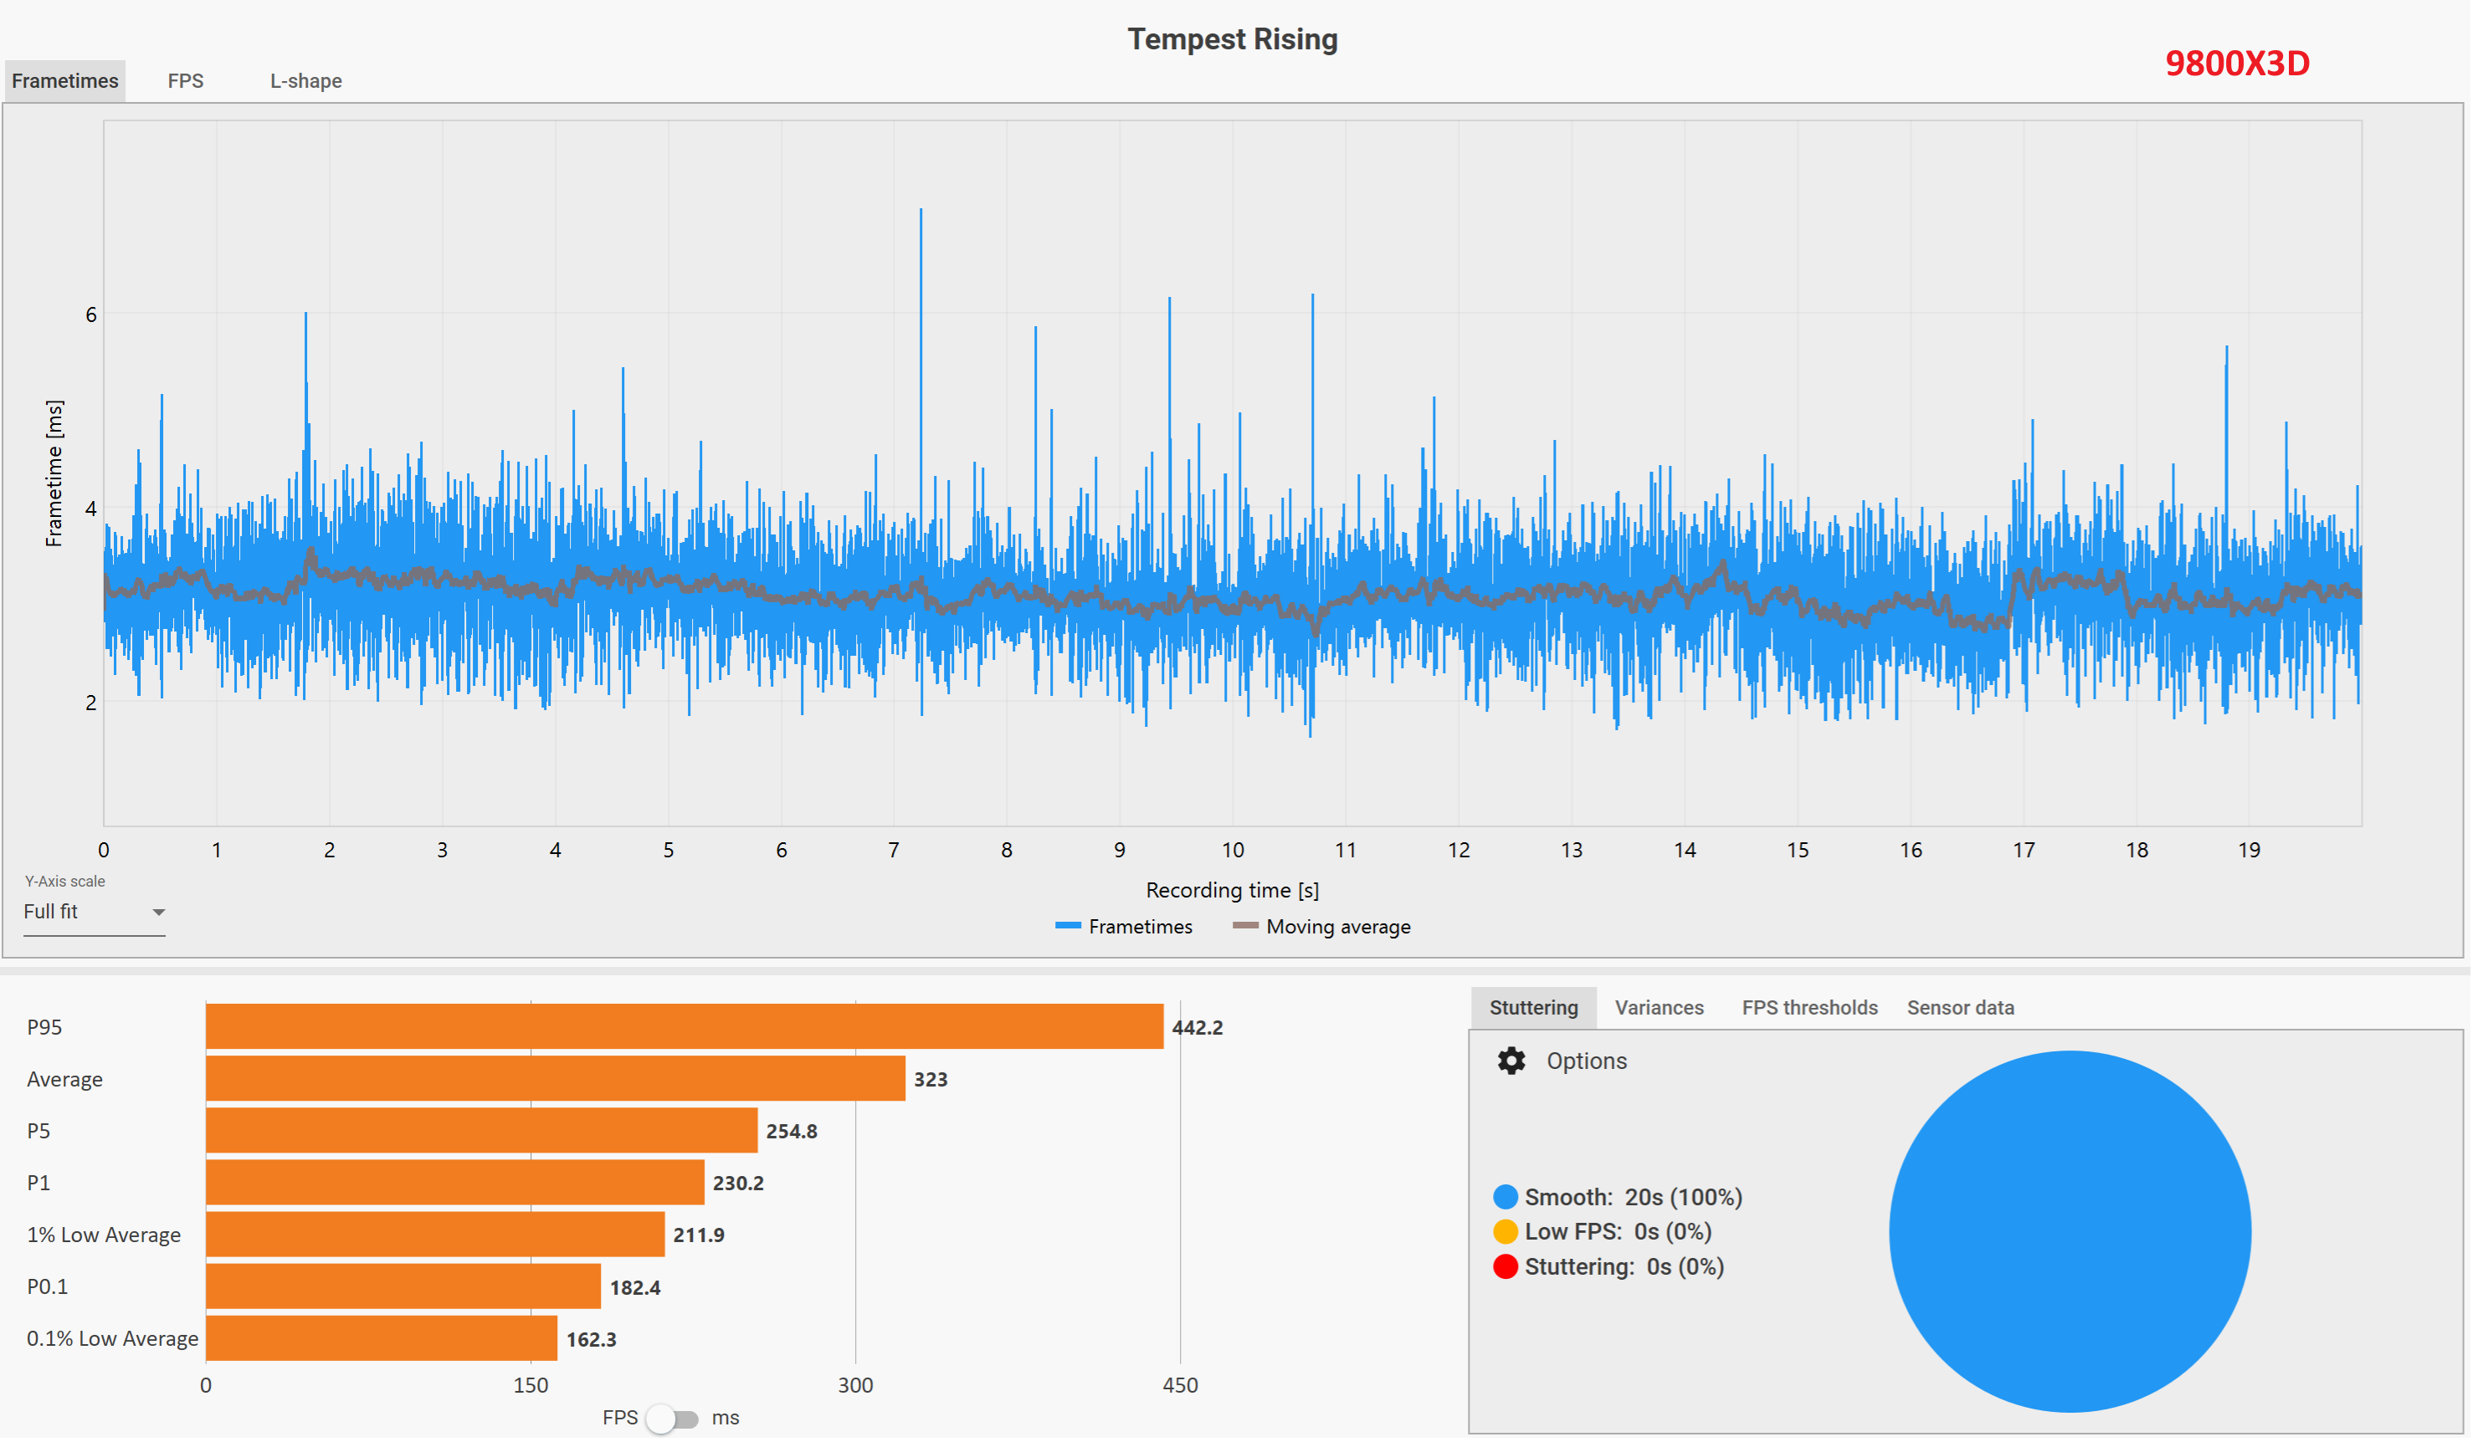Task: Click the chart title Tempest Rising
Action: click(1233, 39)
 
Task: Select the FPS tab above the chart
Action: click(186, 81)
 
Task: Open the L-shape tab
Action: click(306, 81)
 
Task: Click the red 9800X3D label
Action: click(2238, 64)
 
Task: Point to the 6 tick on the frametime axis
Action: click(91, 314)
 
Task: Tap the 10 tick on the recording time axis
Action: click(1233, 851)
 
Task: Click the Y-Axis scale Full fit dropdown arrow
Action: click(158, 913)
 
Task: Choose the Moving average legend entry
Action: click(1322, 927)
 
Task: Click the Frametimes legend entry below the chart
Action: click(1125, 927)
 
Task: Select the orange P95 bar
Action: click(684, 1027)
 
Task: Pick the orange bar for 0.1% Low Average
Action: click(382, 1339)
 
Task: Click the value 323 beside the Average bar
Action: click(931, 1080)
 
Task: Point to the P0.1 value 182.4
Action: click(635, 1288)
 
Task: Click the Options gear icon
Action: click(1511, 1061)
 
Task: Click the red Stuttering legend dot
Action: click(1506, 1267)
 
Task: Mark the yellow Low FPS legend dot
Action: click(1506, 1232)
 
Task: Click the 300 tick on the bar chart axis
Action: click(854, 1386)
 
